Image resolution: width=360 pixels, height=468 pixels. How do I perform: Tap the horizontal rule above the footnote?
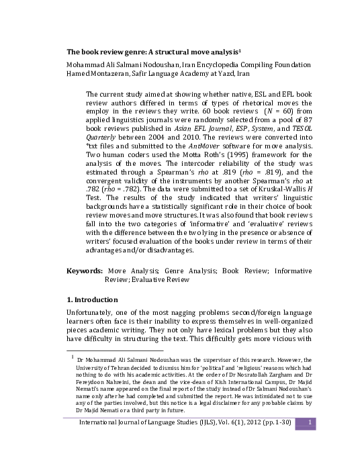pos(114,350)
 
